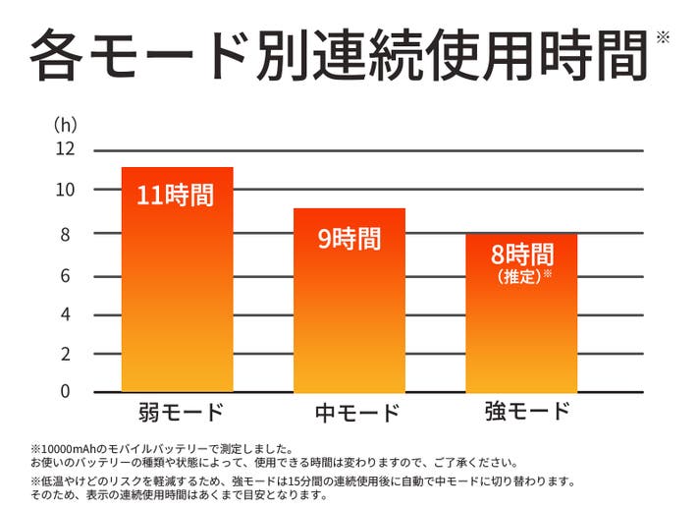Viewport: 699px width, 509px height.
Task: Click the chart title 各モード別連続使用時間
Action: tap(338, 55)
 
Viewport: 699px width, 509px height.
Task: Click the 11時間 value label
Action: tap(176, 195)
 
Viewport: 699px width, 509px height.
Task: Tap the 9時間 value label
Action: tap(349, 238)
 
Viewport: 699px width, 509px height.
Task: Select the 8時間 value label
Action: tap(521, 254)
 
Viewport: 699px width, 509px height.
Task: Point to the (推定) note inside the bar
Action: tap(520, 275)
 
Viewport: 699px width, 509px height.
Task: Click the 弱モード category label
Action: tap(178, 411)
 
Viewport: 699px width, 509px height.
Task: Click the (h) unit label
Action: tap(65, 126)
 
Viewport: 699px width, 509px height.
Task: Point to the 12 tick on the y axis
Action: tap(65, 149)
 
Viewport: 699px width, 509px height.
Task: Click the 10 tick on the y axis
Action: tap(65, 190)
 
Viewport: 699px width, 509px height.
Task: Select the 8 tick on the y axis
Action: tap(66, 235)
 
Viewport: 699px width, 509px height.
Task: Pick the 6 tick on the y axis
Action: tap(66, 276)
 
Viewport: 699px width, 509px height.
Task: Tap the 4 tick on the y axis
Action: tap(66, 315)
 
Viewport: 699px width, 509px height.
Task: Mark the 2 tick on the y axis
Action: tap(66, 354)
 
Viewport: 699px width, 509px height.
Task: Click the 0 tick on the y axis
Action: tap(66, 391)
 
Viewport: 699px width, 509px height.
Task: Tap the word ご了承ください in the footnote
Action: tap(478, 462)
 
